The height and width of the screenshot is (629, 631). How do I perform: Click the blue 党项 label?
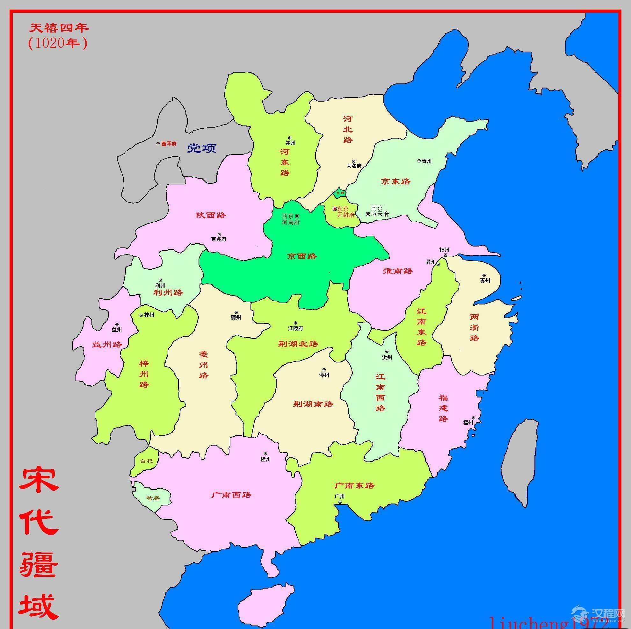(x=201, y=148)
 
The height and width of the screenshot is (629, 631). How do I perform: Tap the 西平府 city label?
(x=169, y=144)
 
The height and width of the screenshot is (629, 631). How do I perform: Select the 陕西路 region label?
(x=211, y=215)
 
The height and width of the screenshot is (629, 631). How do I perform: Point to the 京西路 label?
(x=302, y=256)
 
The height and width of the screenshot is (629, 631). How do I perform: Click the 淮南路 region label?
(x=398, y=271)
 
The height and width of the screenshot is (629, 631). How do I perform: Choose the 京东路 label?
(x=395, y=182)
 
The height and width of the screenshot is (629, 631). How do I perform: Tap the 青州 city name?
(x=426, y=161)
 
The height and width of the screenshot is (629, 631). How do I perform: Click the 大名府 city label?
(x=354, y=166)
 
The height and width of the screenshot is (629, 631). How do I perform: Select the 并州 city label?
(x=290, y=143)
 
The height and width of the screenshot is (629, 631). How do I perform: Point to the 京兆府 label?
(x=219, y=239)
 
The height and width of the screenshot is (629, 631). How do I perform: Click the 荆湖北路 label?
(x=298, y=344)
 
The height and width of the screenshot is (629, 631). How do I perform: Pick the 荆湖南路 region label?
(x=313, y=404)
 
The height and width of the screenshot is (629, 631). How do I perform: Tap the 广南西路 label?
(x=231, y=495)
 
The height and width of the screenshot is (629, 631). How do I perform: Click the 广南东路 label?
(x=354, y=486)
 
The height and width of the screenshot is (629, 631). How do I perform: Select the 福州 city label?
(x=468, y=422)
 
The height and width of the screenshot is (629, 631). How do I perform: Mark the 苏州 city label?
(x=485, y=280)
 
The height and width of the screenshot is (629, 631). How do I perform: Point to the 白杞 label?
(x=146, y=461)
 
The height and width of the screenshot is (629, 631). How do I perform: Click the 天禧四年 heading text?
(x=59, y=28)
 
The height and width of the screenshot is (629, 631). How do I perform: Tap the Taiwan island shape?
(x=519, y=463)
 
